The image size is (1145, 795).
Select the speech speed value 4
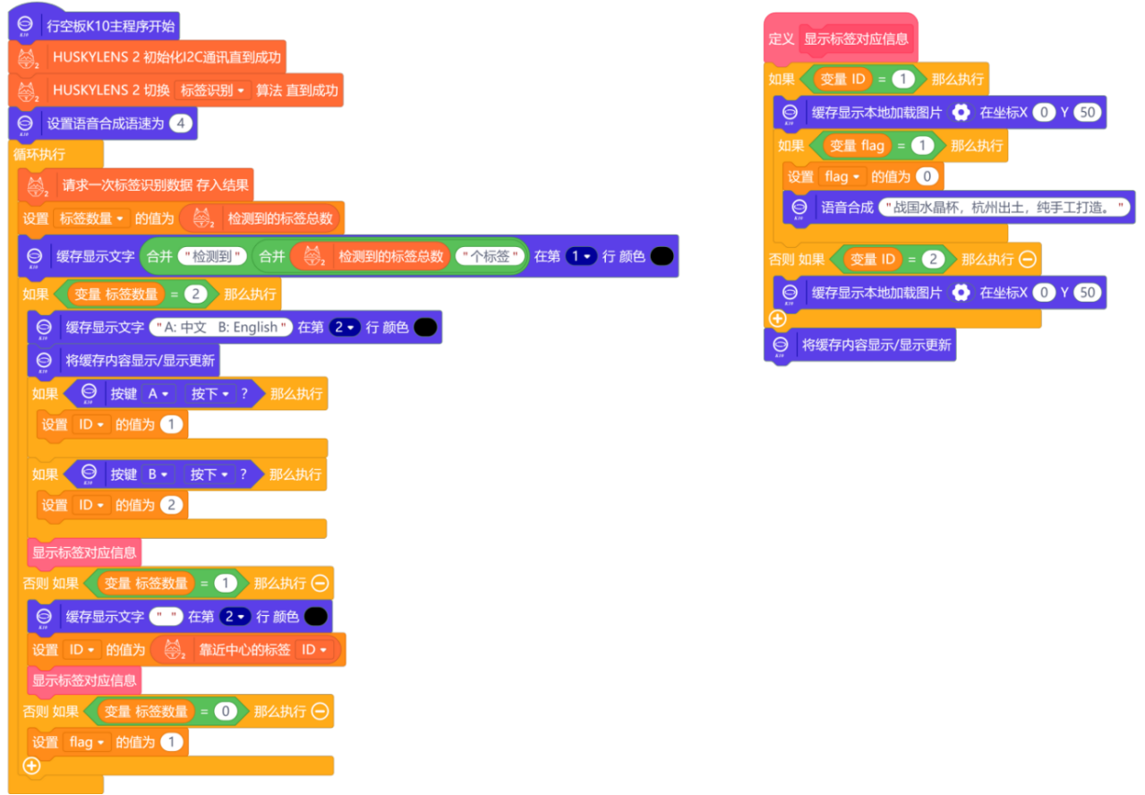pyautogui.click(x=181, y=124)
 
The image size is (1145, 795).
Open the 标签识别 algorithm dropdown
pyautogui.click(x=213, y=90)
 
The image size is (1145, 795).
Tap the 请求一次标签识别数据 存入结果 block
pyautogui.click(x=156, y=186)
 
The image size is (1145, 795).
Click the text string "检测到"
pyautogui.click(x=211, y=256)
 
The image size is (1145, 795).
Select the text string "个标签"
pyautogui.click(x=489, y=256)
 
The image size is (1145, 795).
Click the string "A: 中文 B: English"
pyautogui.click(x=221, y=328)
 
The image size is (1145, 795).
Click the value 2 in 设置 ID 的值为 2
pyautogui.click(x=171, y=505)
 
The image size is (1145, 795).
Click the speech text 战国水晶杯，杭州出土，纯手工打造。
pyautogui.click(x=1006, y=208)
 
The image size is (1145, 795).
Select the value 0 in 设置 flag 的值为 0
pyautogui.click(x=927, y=176)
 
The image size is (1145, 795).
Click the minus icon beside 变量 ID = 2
pyautogui.click(x=1028, y=260)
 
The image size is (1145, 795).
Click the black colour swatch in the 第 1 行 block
pyautogui.click(x=662, y=256)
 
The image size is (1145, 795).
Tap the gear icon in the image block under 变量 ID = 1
pyautogui.click(x=961, y=114)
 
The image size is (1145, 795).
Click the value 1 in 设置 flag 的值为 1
pyautogui.click(x=171, y=742)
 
